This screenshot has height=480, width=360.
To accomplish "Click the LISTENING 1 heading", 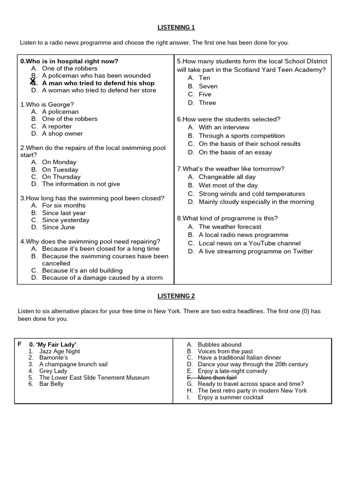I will click(x=176, y=28).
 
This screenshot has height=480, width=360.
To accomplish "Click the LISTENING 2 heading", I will click(x=176, y=296).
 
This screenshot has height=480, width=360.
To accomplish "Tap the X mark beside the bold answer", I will click(x=32, y=82).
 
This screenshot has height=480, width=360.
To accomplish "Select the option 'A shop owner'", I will click(x=62, y=134).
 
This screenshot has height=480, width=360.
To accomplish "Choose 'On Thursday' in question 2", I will click(x=61, y=177).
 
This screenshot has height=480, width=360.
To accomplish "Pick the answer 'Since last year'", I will click(x=64, y=213).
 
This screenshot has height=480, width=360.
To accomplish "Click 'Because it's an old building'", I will click(x=82, y=270).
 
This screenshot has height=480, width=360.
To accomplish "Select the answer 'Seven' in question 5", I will click(x=208, y=86).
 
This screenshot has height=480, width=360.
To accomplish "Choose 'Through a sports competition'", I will click(x=241, y=135).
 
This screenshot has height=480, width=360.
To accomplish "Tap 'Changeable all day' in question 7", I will click(x=227, y=177).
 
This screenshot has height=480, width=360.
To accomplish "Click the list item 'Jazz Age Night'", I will click(x=60, y=351).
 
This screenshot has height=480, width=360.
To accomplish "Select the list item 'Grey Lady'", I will click(x=53, y=371).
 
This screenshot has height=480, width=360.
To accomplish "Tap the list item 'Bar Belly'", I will click(x=51, y=384).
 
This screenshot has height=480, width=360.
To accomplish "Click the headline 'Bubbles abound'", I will click(x=219, y=345).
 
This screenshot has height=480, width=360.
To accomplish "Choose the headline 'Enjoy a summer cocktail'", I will click(x=230, y=397).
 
